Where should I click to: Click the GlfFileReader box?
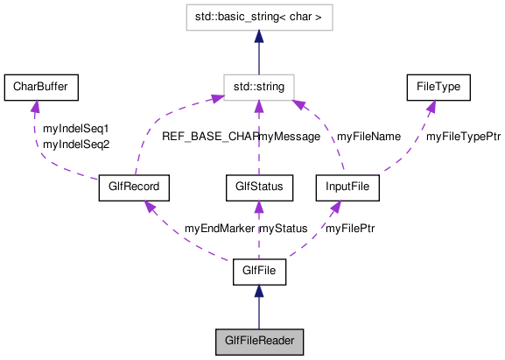pyautogui.click(x=259, y=342)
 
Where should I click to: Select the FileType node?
pyautogui.click(x=438, y=87)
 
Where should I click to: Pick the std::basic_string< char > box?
pyautogui.click(x=259, y=18)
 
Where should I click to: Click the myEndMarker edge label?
pyautogui.click(x=219, y=229)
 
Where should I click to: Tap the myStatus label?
pyautogui.click(x=284, y=229)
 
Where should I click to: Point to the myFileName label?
pyautogui.click(x=368, y=137)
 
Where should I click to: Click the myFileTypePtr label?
pyautogui.click(x=463, y=137)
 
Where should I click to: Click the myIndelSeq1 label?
pyautogui.click(x=76, y=129)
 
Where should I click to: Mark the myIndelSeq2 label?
pyautogui.click(x=76, y=144)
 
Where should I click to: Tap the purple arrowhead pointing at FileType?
pyautogui.click(x=431, y=106)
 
